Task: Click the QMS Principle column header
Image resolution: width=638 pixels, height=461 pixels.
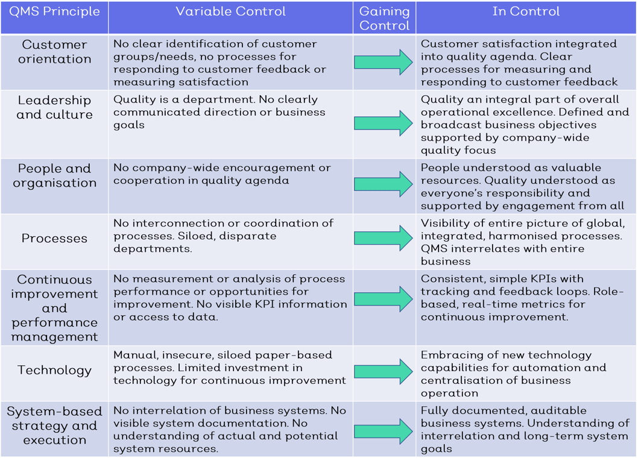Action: click(54, 12)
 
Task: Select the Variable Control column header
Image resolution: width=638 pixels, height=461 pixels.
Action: click(231, 12)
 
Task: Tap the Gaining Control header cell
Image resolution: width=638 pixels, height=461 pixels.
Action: click(384, 18)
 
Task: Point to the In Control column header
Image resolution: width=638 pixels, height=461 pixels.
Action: click(526, 12)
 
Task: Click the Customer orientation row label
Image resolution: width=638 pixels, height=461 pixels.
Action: click(54, 52)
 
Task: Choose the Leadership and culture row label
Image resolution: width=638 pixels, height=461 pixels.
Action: click(54, 107)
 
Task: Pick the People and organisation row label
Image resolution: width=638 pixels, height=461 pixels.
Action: click(54, 175)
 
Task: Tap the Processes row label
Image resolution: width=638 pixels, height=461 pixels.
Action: click(54, 238)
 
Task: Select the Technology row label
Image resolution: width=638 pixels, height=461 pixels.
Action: click(54, 370)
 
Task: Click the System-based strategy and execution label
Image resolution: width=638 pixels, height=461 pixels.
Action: click(54, 425)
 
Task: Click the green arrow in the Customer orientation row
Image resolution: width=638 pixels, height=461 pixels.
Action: click(384, 62)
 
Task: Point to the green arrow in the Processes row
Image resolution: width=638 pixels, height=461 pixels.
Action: click(384, 238)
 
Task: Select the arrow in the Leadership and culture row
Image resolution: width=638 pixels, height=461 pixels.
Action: click(384, 124)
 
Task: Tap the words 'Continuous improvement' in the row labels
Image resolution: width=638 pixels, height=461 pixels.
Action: click(54, 287)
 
